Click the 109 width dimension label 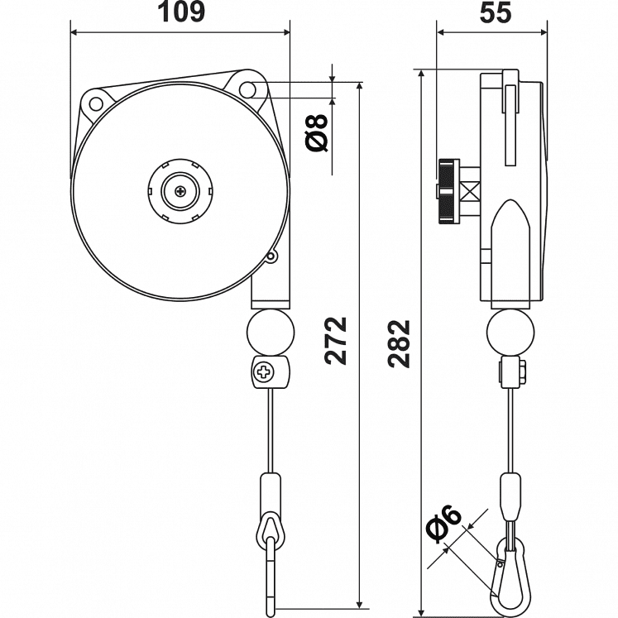tap(181, 13)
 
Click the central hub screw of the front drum tap(180, 192)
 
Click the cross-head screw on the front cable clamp tap(265, 373)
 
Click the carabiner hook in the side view tap(506, 575)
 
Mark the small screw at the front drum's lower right tap(270, 257)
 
